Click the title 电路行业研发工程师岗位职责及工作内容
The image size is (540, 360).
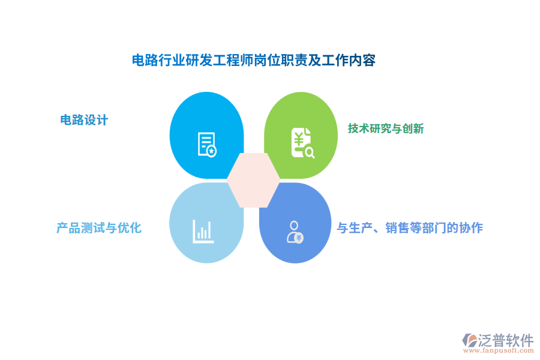coord(253,60)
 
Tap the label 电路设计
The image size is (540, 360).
coord(84,120)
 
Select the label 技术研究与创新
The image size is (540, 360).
coord(386,128)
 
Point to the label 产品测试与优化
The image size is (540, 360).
coord(99,228)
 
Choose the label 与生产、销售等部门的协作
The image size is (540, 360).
coord(410,228)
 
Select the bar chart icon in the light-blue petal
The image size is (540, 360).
coord(203,232)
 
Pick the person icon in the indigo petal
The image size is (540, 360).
coord(295,232)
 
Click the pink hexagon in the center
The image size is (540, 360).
coord(253,180)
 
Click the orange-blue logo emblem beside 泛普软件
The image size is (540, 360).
coord(469,341)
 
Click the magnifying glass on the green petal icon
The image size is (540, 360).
coord(310,152)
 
